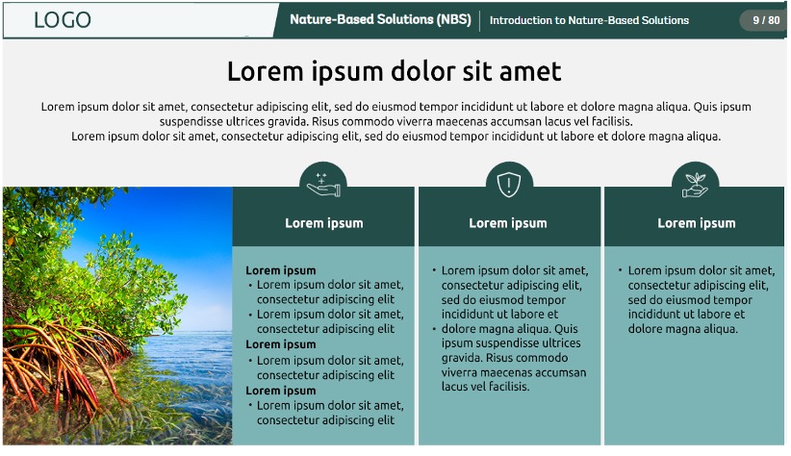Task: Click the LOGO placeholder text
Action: (62, 20)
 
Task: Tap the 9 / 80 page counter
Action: (766, 20)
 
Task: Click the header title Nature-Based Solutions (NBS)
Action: (380, 19)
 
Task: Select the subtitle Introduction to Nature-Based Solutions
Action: (589, 20)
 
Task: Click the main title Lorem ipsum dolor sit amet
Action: (394, 71)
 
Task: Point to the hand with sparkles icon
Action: (323, 184)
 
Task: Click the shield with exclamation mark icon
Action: (508, 185)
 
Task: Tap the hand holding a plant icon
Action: (695, 185)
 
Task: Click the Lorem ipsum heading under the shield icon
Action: (508, 223)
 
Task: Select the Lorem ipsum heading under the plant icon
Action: (696, 223)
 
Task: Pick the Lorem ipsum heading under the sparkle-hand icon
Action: (324, 223)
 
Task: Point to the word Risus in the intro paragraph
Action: (325, 121)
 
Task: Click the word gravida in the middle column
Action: (461, 358)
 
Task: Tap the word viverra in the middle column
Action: (459, 372)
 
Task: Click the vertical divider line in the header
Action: (480, 20)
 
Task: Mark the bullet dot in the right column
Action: (620, 270)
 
